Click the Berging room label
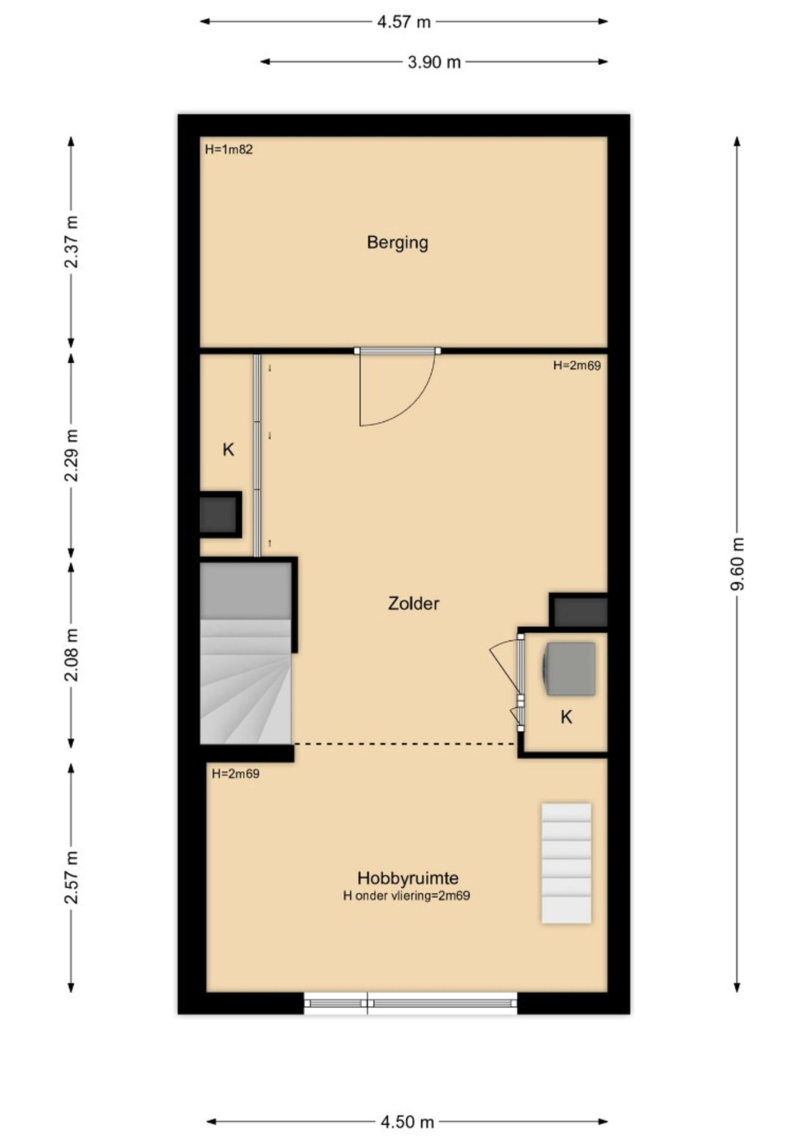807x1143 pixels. tap(397, 243)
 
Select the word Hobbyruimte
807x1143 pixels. tap(408, 878)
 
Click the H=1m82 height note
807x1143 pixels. tap(229, 149)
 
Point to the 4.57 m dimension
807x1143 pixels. tap(403, 22)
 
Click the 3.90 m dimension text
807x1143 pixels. tap(434, 62)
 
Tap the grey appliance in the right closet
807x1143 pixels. tap(570, 669)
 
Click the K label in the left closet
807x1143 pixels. tap(228, 450)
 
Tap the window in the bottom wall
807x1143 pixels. tap(411, 1003)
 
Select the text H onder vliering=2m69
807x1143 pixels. tap(406, 896)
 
